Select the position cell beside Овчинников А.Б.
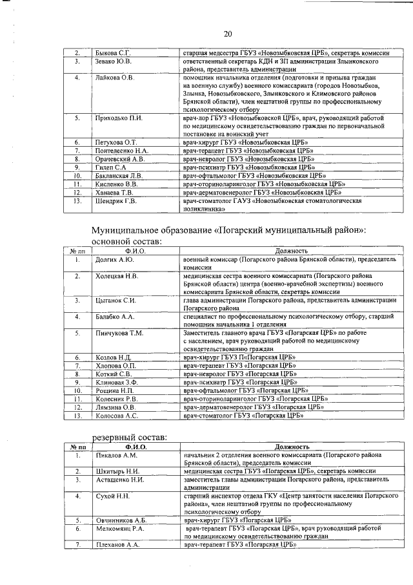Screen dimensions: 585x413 [x=233, y=520]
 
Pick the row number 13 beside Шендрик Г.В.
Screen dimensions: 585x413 [x=77, y=201]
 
